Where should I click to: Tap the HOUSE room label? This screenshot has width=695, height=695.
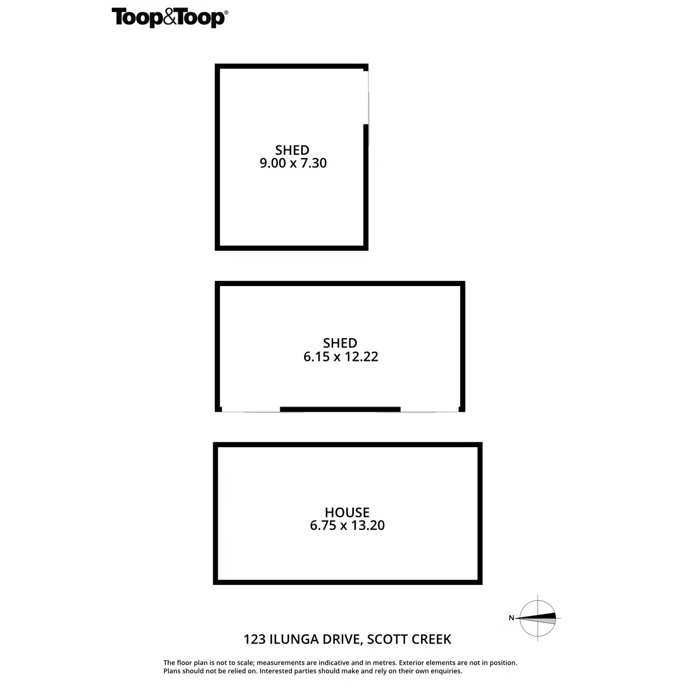click(x=347, y=513)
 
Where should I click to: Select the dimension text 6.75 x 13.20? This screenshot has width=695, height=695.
click(x=347, y=526)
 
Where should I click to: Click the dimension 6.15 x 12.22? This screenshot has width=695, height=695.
click(x=341, y=357)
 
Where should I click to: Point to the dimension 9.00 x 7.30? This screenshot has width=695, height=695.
click(x=293, y=163)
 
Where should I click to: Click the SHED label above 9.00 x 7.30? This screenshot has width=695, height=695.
click(x=292, y=150)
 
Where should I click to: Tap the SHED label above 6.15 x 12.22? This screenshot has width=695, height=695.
click(x=340, y=343)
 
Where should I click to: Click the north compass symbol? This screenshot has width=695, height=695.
click(x=538, y=618)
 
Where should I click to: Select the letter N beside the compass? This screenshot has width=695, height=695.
click(x=511, y=618)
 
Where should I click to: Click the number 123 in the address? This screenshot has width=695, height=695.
click(x=255, y=639)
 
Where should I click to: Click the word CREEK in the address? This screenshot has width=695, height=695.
click(x=431, y=639)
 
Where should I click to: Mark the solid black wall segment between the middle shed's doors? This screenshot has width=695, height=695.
click(x=340, y=409)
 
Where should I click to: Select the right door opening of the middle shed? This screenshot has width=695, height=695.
click(x=429, y=411)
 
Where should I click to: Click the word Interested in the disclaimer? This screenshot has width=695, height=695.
click(x=280, y=671)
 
